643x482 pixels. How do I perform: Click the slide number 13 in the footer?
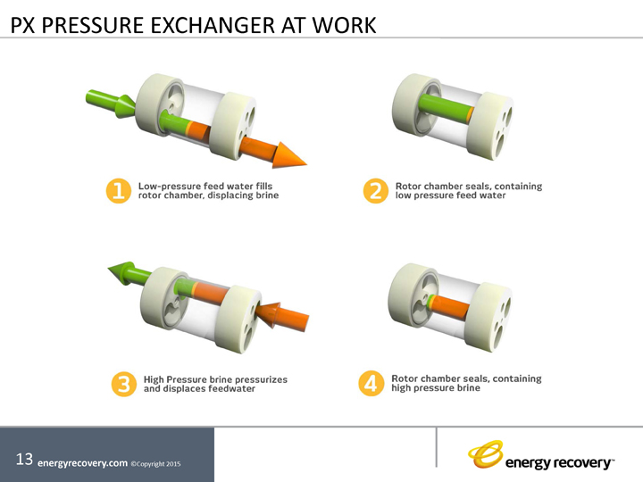pyautogui.click(x=24, y=460)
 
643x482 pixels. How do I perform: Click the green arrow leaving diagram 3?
pyautogui.click(x=126, y=270)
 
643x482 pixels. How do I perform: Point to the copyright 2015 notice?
pyautogui.click(x=161, y=464)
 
